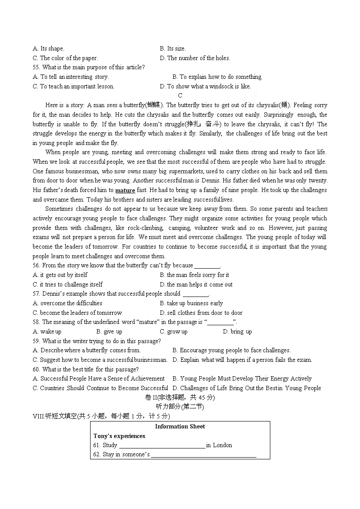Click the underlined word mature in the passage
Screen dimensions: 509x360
coord(125,190)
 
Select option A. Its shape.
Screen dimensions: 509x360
coord(48,49)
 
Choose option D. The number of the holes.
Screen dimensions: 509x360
coord(195,58)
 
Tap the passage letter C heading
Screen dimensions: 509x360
coord(180,96)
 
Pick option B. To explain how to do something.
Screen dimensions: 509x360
coord(217,77)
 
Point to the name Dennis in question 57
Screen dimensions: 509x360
coord(53,294)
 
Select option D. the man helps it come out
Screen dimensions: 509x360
coord(196,285)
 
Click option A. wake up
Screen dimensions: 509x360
coord(47,332)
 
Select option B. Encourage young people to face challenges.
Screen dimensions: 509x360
coord(231,351)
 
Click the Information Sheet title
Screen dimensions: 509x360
coord(180,427)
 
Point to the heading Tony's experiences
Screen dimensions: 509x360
coord(119,436)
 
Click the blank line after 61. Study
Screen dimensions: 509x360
coord(161,446)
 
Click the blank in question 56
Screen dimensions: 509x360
coord(207,266)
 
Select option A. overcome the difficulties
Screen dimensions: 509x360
coord(67,303)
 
